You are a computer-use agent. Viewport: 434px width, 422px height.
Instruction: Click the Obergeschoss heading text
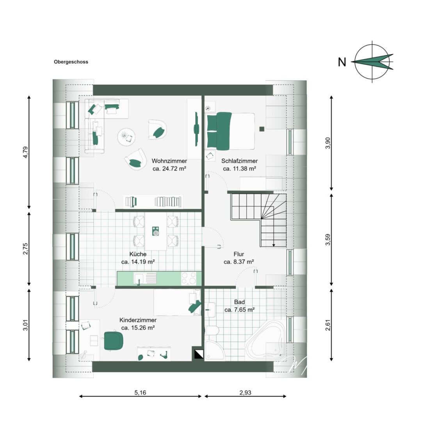(x=71, y=62)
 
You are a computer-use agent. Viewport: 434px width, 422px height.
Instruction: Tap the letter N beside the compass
(x=342, y=62)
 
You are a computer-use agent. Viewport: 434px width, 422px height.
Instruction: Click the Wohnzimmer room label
(x=169, y=161)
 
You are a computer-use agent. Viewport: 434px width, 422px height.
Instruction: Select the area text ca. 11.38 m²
(x=239, y=168)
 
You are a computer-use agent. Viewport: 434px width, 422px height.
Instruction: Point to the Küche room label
(x=138, y=254)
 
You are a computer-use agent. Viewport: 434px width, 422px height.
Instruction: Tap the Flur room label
(x=239, y=254)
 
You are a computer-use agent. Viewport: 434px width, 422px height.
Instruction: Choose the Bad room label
(x=239, y=302)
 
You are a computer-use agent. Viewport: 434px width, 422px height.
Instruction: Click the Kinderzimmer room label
(x=138, y=320)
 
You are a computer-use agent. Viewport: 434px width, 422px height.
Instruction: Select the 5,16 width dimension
(x=141, y=392)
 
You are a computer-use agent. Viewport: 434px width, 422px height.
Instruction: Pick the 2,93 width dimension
(x=245, y=392)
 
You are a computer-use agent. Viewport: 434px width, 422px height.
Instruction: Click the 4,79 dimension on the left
(x=26, y=152)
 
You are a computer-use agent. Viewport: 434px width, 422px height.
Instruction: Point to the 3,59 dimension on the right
(x=328, y=240)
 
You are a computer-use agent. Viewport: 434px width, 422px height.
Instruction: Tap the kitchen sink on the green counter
(x=145, y=279)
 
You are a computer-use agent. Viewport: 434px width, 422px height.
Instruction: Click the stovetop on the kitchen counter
(x=189, y=279)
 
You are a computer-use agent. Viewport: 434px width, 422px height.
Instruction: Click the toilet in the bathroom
(x=213, y=330)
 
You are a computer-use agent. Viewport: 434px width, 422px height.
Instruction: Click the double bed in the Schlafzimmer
(x=231, y=131)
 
